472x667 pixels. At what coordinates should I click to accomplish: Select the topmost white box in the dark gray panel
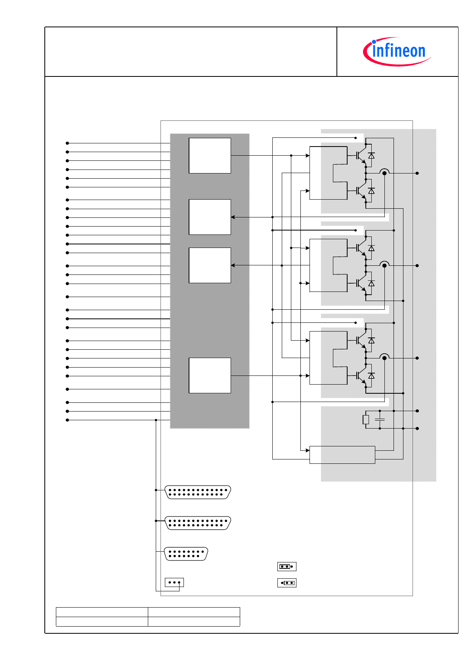[x=210, y=156]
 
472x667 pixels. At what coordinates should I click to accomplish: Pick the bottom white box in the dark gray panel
[x=210, y=375]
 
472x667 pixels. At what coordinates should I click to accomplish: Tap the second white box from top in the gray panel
[x=210, y=217]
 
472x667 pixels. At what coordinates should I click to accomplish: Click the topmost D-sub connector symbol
[x=197, y=492]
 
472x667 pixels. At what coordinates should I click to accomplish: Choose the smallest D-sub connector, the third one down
[x=186, y=554]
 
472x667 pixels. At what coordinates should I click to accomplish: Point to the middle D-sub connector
[x=197, y=523]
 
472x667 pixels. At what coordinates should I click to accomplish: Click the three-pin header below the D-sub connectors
[x=174, y=582]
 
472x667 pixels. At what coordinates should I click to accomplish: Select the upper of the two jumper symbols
[x=287, y=566]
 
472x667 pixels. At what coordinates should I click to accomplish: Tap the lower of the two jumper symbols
[x=287, y=583]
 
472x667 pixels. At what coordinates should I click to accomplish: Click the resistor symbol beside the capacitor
[x=366, y=419]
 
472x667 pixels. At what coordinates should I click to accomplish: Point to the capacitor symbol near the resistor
[x=380, y=419]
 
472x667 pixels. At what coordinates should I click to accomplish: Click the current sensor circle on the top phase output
[x=384, y=173]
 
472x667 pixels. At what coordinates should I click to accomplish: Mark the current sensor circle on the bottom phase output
[x=384, y=358]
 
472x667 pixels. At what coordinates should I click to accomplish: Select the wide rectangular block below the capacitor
[x=342, y=455]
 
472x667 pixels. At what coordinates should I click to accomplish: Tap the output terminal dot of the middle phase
[x=417, y=265]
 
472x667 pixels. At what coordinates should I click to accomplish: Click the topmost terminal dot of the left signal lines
[x=67, y=143]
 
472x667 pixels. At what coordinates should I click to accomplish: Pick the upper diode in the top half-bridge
[x=371, y=156]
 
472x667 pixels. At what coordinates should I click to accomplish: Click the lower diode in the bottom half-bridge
[x=371, y=375]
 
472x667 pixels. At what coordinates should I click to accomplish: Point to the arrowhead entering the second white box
[x=233, y=217]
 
